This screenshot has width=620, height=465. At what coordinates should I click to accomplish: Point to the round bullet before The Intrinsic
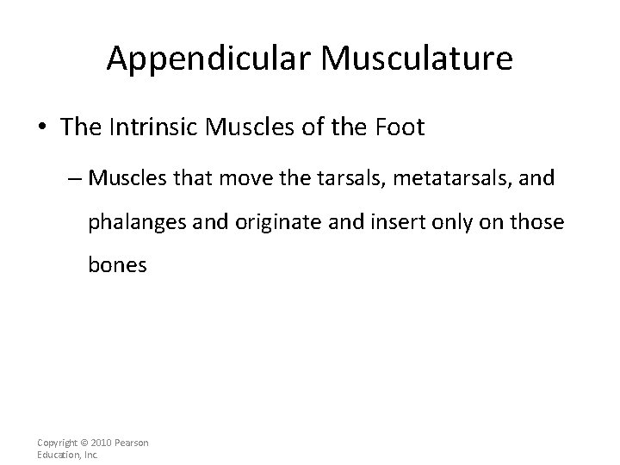coord(43,128)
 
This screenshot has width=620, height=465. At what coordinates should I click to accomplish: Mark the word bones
coord(117,265)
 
